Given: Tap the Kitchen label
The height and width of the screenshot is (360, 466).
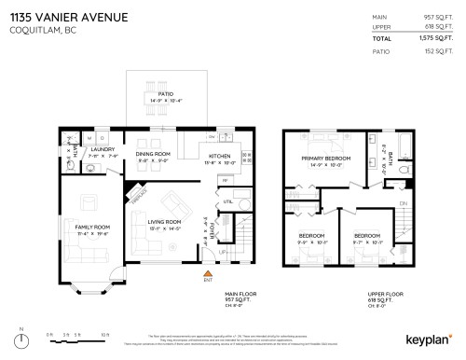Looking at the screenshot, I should coord(219,155).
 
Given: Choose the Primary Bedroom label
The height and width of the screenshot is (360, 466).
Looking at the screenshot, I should coord(325,159).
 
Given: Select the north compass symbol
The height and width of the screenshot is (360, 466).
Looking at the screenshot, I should coord(20,334).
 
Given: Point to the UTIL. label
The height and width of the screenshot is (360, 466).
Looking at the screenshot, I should coord(227,201).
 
